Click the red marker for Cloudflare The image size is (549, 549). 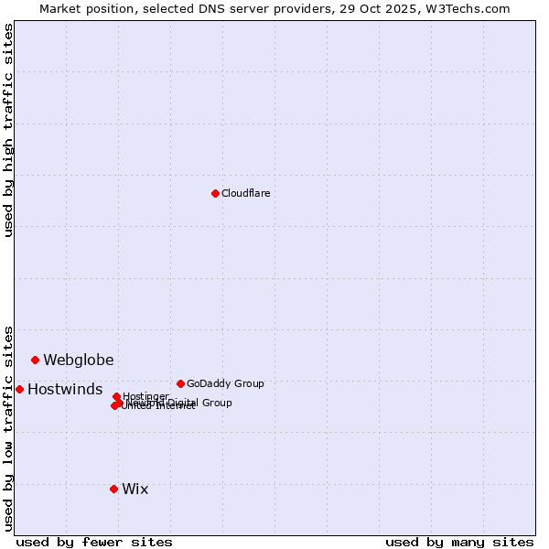(x=215, y=193)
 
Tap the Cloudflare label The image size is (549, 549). (x=246, y=193)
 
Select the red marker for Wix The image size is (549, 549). (x=113, y=489)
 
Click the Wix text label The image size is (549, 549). (x=135, y=489)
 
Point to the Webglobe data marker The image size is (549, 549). (x=35, y=360)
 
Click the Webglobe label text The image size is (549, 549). (x=79, y=360)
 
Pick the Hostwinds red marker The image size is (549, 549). (x=19, y=389)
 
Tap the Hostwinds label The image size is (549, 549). (x=65, y=389)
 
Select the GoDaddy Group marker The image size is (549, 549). (x=180, y=383)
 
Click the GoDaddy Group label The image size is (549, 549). (x=225, y=383)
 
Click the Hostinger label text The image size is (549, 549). (x=145, y=396)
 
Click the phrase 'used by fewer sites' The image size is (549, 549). (x=94, y=542)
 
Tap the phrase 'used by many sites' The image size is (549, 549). (x=459, y=542)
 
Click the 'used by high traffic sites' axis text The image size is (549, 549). (x=8, y=130)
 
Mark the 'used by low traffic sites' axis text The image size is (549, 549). (x=8, y=427)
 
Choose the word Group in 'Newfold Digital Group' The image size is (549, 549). (x=215, y=403)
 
